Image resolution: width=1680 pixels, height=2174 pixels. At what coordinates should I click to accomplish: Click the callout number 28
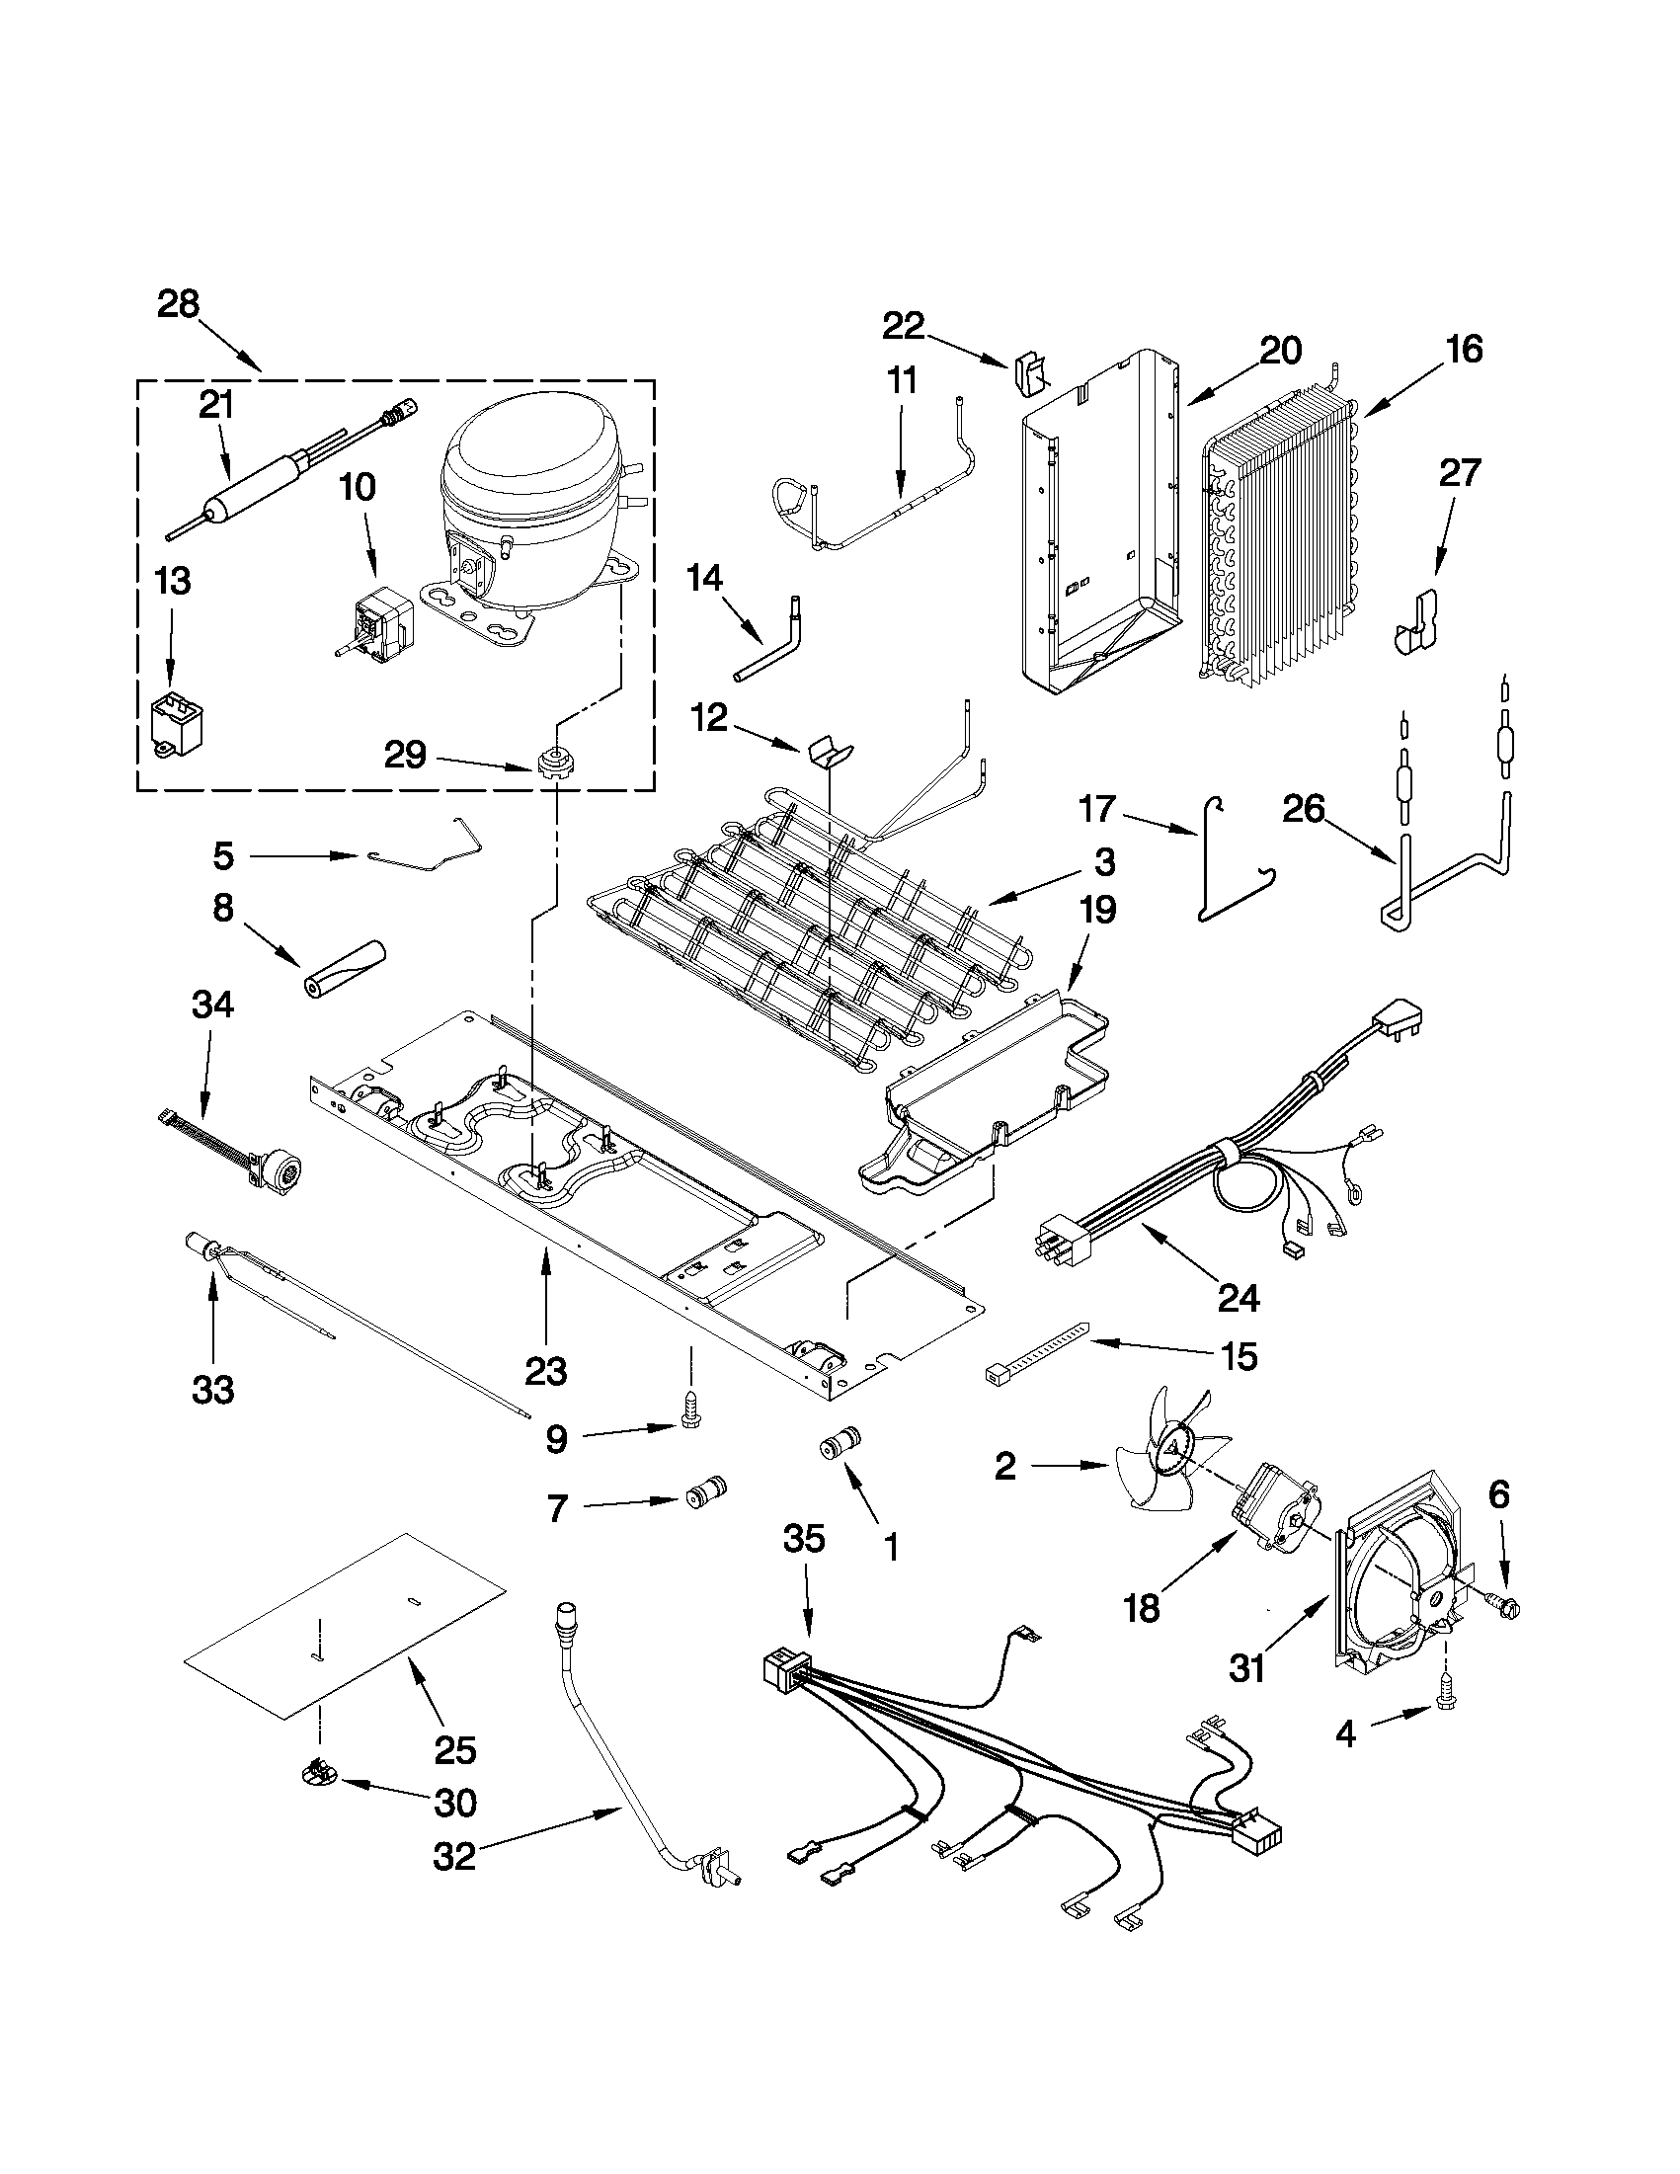tap(178, 303)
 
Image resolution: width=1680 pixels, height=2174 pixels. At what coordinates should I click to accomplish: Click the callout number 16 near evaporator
tap(1465, 349)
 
